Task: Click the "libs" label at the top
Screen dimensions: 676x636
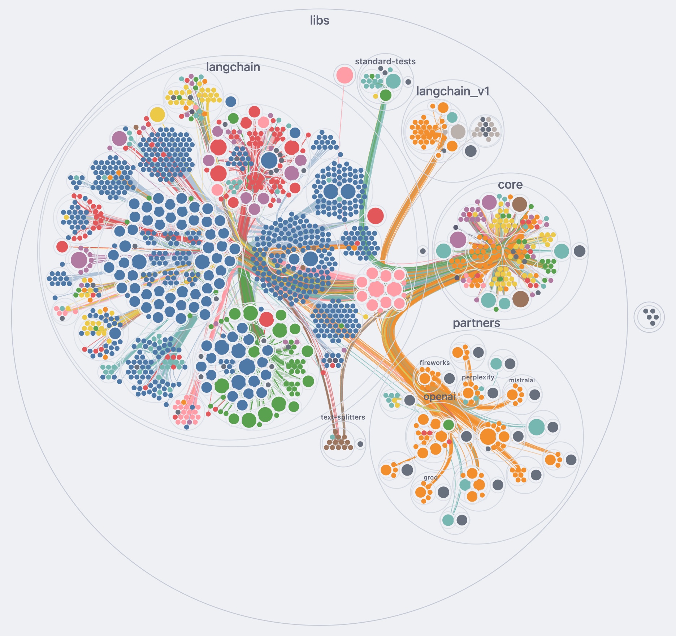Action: pyautogui.click(x=320, y=21)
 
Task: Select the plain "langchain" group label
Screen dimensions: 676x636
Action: pyautogui.click(x=233, y=67)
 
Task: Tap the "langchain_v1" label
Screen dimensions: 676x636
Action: pyautogui.click(x=453, y=91)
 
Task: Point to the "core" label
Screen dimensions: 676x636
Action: pyautogui.click(x=510, y=185)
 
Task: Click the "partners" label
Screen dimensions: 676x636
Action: pyautogui.click(x=477, y=323)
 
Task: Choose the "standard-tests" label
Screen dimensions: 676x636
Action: pyautogui.click(x=385, y=61)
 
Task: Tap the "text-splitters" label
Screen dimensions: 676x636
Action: pyautogui.click(x=343, y=417)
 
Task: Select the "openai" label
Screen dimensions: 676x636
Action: pyautogui.click(x=439, y=397)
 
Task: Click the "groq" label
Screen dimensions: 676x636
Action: pyautogui.click(x=430, y=478)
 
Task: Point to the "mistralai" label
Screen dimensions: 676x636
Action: pyautogui.click(x=522, y=380)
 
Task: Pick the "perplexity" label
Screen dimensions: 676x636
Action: pyautogui.click(x=478, y=377)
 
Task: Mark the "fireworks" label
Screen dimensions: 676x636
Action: pyautogui.click(x=435, y=363)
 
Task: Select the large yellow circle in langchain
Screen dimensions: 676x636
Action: pyautogui.click(x=157, y=115)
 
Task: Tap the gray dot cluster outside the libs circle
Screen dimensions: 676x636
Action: pyautogui.click(x=649, y=317)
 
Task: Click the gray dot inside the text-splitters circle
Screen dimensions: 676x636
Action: pyautogui.click(x=360, y=444)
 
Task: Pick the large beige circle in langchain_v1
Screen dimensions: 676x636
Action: pyautogui.click(x=458, y=132)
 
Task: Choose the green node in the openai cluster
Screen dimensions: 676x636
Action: pyautogui.click(x=448, y=425)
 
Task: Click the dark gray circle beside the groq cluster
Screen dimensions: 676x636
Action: pyautogui.click(x=443, y=492)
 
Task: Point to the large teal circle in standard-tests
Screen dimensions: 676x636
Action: pyautogui.click(x=393, y=81)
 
